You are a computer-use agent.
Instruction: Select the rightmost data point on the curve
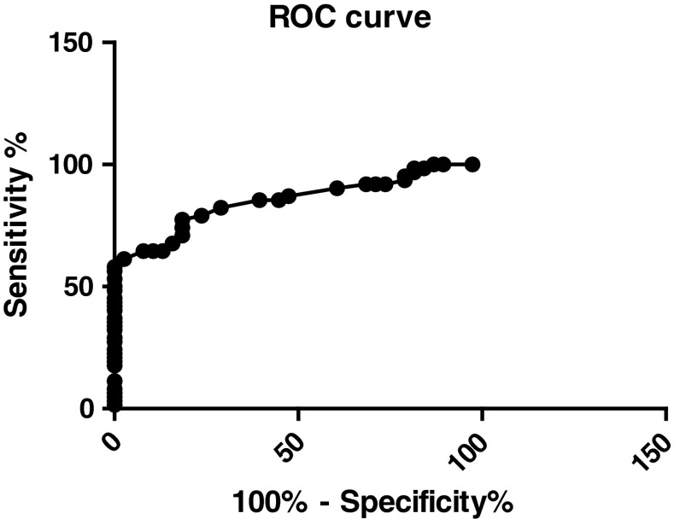(472, 164)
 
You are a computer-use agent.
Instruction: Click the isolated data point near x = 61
(337, 188)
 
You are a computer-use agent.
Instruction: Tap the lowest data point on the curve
(114, 405)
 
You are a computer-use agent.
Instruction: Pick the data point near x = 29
(220, 207)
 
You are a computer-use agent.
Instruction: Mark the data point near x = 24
(202, 215)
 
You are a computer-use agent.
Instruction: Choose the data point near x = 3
(124, 259)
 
